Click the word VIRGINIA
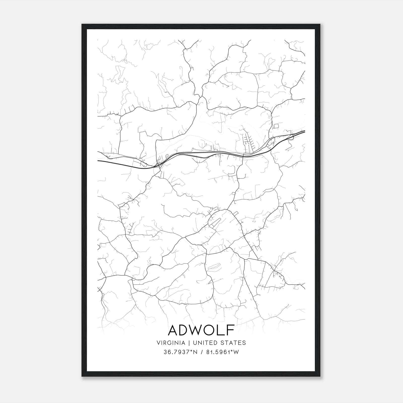[x=171, y=343]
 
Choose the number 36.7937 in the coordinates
[x=175, y=352]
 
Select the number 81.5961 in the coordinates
[x=216, y=352]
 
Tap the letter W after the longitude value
[x=235, y=352]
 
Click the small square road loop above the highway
[x=276, y=126]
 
